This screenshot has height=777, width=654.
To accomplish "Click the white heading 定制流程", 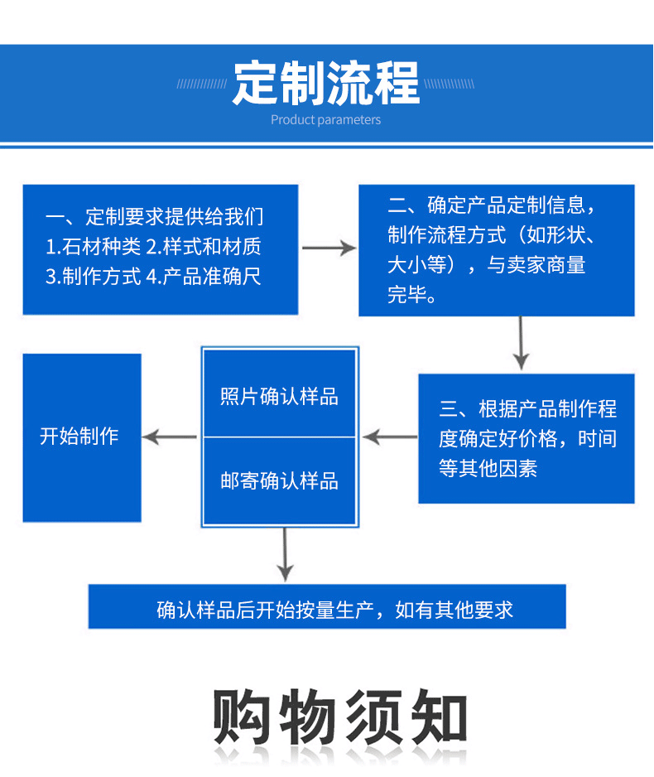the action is click(326, 83).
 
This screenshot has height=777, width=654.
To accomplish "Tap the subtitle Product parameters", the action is click(326, 120).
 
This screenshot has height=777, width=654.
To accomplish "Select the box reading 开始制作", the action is click(82, 437).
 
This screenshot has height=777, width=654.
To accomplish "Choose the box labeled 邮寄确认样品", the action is click(280, 480).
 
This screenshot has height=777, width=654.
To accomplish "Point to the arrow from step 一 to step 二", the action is click(329, 248).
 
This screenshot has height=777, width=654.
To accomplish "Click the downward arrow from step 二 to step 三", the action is click(521, 343).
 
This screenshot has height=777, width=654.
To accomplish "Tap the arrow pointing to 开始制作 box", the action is click(170, 437).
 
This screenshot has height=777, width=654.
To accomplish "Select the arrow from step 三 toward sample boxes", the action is click(390, 437).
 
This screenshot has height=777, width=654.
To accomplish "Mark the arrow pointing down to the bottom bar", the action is click(285, 554).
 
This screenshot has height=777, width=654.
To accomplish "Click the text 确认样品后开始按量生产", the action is click(266, 610).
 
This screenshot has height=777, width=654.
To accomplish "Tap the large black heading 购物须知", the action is click(340, 717).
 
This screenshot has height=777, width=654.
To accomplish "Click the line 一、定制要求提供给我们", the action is click(155, 216).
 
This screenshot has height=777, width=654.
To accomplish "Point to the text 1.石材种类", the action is click(93, 247).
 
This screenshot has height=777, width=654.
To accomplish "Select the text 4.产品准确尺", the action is click(204, 277).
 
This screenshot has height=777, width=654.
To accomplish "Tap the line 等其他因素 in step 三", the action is click(488, 468).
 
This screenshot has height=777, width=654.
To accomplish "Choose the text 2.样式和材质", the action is click(204, 247).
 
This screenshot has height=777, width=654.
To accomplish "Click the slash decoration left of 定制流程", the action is click(202, 84).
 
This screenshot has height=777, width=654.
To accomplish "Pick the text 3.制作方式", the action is click(93, 277).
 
